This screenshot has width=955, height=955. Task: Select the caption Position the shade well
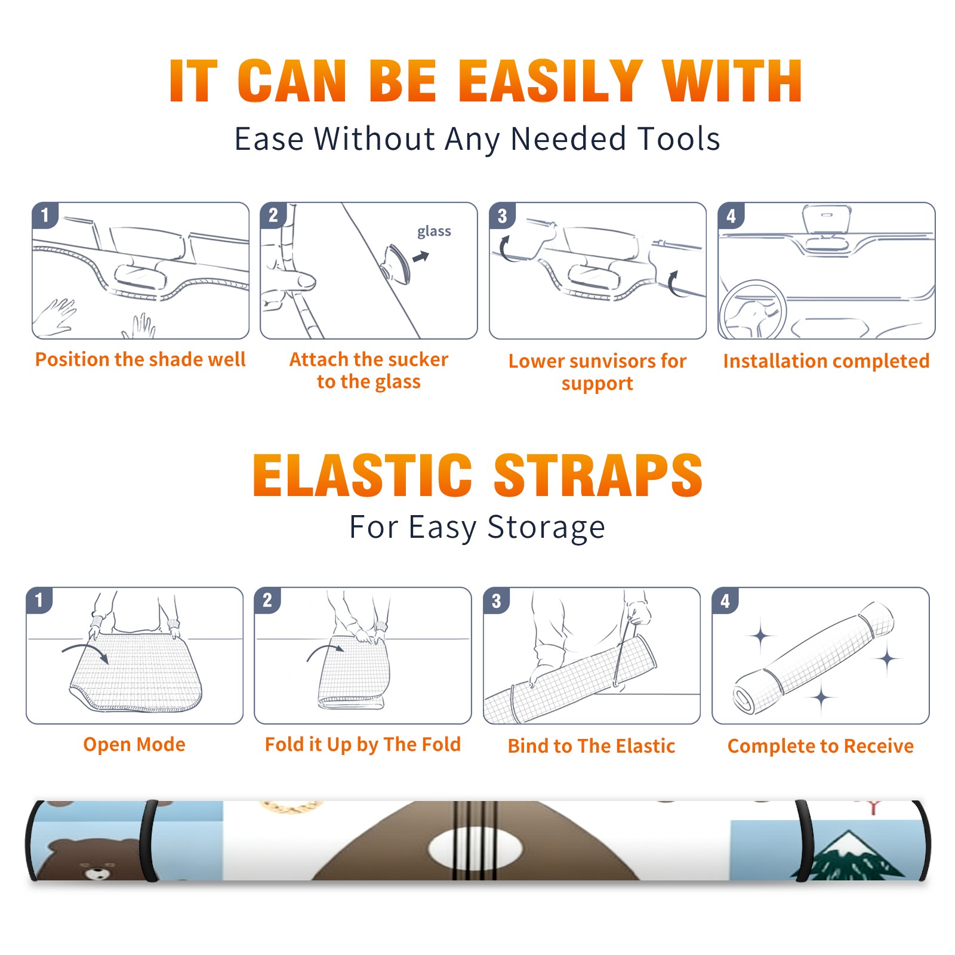coord(140,359)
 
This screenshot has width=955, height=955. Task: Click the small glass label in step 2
coord(434,232)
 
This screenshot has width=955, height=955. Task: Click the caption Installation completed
coord(826,361)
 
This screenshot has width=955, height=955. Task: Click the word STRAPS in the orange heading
coord(598,475)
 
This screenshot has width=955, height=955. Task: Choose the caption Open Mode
coord(134,744)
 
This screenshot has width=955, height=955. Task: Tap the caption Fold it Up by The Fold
coord(363,744)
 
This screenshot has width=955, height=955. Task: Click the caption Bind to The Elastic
coord(592,746)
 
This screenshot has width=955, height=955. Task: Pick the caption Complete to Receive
coord(821,746)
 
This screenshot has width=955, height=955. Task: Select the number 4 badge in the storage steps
coord(725,600)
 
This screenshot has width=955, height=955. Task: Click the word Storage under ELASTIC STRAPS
coord(546,528)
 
